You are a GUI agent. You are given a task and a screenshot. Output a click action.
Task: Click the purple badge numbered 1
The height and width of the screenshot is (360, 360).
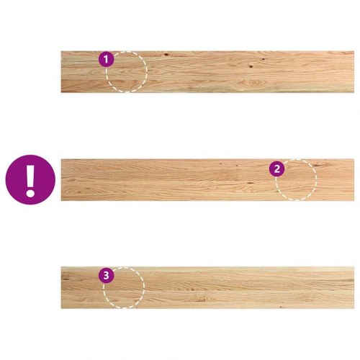tap(107, 59)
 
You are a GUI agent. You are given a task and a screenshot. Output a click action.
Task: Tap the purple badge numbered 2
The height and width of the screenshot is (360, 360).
tap(276, 168)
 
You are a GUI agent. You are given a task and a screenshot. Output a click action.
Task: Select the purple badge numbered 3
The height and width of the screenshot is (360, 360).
tap(106, 275)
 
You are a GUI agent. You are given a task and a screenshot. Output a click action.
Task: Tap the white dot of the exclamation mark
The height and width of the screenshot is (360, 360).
tap(30, 192)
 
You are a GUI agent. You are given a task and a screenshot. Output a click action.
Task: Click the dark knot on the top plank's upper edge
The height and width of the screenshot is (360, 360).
tap(166, 55)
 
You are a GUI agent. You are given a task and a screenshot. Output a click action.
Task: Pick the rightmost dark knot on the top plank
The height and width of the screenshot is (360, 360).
tap(264, 59)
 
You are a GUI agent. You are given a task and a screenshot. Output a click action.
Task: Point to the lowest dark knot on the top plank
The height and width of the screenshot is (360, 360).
tap(251, 66)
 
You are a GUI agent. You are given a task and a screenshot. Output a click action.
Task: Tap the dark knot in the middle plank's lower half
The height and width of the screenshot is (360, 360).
tap(250, 183)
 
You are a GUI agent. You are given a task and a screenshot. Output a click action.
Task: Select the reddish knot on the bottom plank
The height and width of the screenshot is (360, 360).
tap(204, 300)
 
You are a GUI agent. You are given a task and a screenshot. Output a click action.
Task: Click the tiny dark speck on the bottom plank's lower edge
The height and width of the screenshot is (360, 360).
tap(281, 307)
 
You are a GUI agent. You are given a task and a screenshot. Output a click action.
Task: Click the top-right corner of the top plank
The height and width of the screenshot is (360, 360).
tap(354, 51)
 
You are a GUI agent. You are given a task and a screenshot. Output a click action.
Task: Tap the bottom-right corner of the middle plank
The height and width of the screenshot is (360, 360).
tap(354, 201)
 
